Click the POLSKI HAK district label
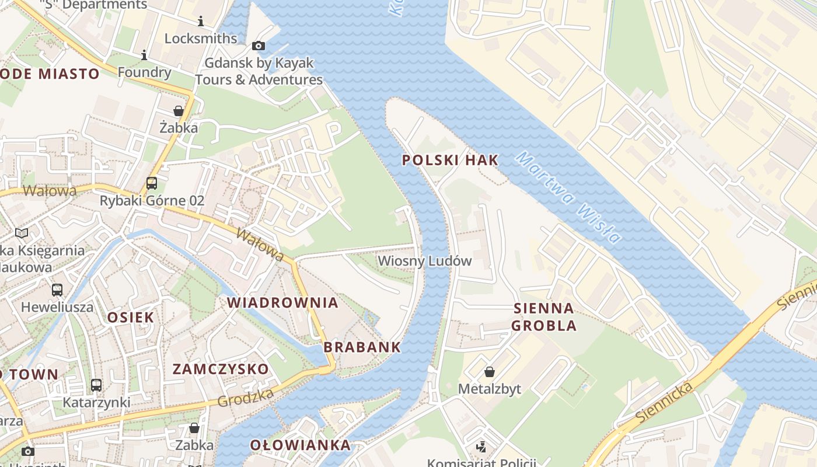(450, 160)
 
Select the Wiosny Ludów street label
(424, 261)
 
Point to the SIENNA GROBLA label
(544, 317)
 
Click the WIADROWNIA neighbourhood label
(282, 302)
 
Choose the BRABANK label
(362, 347)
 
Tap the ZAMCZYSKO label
(221, 369)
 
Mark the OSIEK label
(131, 318)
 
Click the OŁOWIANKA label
(301, 445)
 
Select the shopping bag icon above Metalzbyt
(490, 372)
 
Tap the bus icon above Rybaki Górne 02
(152, 183)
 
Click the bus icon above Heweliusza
(57, 290)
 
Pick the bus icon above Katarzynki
(96, 385)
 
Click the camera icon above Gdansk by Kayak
(258, 46)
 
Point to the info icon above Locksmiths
(201, 22)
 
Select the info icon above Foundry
(144, 55)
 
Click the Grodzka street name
(245, 398)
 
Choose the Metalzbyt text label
(489, 389)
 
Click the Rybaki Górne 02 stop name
(152, 201)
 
